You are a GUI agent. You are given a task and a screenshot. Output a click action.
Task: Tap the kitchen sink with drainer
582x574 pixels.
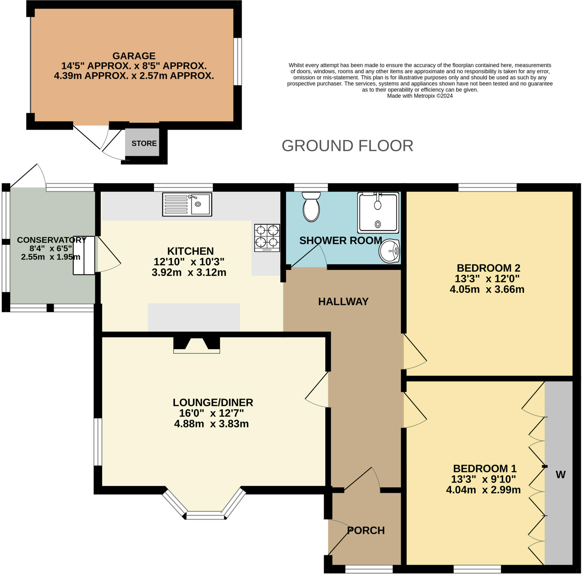click(x=187, y=204)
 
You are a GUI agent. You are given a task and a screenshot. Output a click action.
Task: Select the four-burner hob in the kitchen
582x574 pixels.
click(x=267, y=237)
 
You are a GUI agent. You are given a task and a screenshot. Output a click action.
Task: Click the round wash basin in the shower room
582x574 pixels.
click(x=390, y=251)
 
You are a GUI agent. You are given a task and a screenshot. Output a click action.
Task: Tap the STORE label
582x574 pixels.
click(x=144, y=143)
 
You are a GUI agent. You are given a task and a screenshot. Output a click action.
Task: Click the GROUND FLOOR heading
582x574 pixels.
click(x=347, y=146)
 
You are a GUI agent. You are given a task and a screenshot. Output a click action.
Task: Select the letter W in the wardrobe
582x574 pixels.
click(x=560, y=475)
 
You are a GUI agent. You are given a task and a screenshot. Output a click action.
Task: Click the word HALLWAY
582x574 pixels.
click(x=343, y=301)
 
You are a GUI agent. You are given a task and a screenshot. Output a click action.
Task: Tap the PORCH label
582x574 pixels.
click(x=366, y=530)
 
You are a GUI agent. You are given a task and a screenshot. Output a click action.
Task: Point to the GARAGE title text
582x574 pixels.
click(x=134, y=56)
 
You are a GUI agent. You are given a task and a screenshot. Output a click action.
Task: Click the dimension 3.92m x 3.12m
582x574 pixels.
click(x=189, y=272)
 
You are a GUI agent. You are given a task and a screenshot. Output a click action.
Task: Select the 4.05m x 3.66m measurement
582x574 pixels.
click(x=487, y=289)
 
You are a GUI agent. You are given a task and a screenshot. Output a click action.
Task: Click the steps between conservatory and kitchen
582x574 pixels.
click(x=84, y=255)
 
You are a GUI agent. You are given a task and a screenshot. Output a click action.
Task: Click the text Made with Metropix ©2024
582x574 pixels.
click(x=420, y=96)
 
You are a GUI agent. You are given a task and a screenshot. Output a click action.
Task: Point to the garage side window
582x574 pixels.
click(x=238, y=61)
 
